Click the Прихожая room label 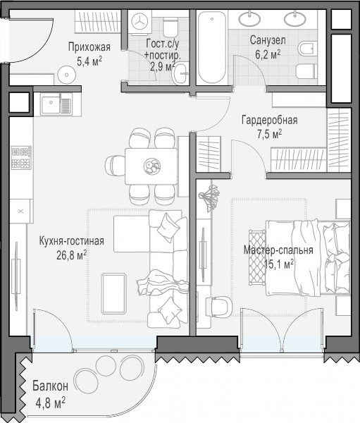point(89,47)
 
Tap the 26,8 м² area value point(71,255)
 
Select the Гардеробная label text point(269,120)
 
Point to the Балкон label point(51,386)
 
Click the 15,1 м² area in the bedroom point(279,264)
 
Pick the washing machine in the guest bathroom point(140,23)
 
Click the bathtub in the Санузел point(212,48)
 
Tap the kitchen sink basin point(51,103)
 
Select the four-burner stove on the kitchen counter point(21,157)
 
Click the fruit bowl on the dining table point(152,166)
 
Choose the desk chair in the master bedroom point(220,307)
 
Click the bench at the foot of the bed point(257,257)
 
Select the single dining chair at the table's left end point(115,166)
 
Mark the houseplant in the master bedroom point(209,195)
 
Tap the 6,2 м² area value point(268,54)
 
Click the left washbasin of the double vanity point(249,18)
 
